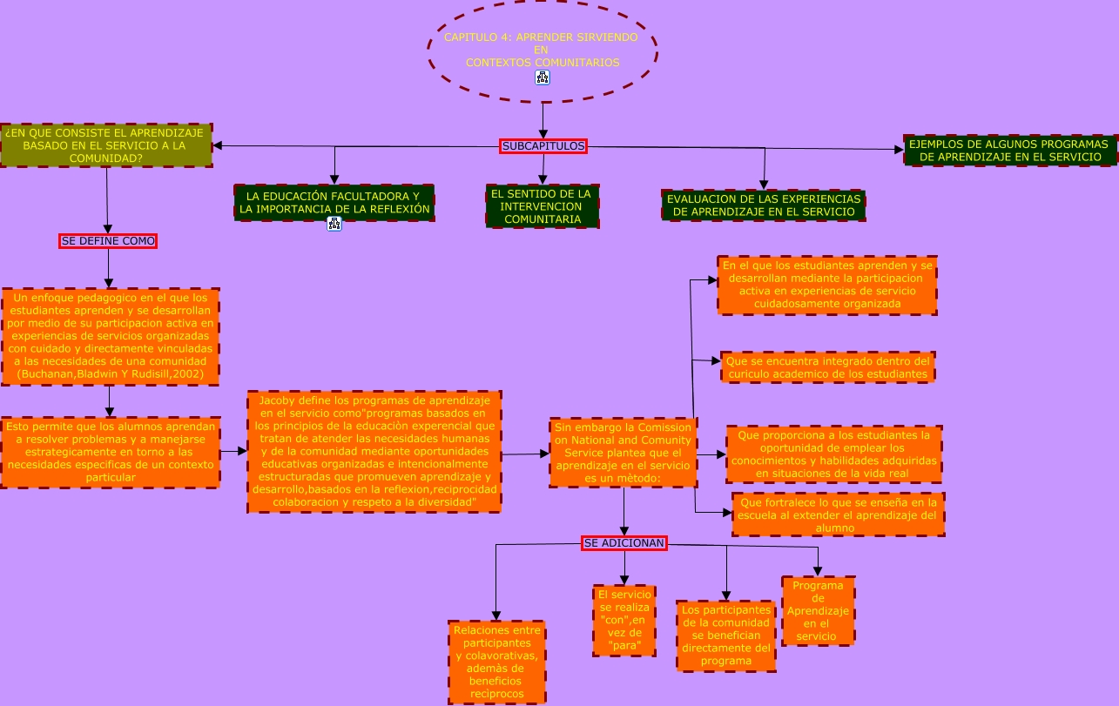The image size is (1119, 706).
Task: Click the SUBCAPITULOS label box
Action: click(543, 146)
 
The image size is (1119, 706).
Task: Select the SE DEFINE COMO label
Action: click(108, 241)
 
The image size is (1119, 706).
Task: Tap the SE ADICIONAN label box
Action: click(624, 543)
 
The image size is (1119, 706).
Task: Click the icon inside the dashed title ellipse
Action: click(542, 77)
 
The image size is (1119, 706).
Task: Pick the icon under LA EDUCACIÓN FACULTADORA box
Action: click(334, 224)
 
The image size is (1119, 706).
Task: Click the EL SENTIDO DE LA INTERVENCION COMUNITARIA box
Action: click(543, 206)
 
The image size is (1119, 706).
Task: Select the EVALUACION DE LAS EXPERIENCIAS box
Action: click(764, 205)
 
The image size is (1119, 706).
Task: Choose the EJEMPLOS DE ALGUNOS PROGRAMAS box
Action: click(1011, 151)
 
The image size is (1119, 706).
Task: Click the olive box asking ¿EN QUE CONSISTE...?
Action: click(106, 145)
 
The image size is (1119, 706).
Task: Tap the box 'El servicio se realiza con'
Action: click(624, 621)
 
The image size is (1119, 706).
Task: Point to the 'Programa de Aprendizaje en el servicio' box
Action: click(818, 611)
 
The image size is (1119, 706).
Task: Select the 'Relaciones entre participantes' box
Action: click(497, 662)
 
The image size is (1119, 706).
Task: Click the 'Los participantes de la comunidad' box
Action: click(726, 635)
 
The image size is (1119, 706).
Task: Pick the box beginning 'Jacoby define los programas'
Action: click(374, 452)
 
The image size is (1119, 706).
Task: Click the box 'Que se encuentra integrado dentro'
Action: click(828, 367)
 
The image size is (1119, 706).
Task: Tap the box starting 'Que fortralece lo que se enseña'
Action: click(839, 514)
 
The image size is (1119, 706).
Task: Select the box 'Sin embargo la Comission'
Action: click(624, 453)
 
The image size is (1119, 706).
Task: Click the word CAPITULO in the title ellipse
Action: click(463, 37)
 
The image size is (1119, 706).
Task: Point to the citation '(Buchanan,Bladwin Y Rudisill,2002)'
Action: click(111, 374)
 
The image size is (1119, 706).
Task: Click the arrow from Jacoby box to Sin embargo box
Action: click(525, 454)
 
